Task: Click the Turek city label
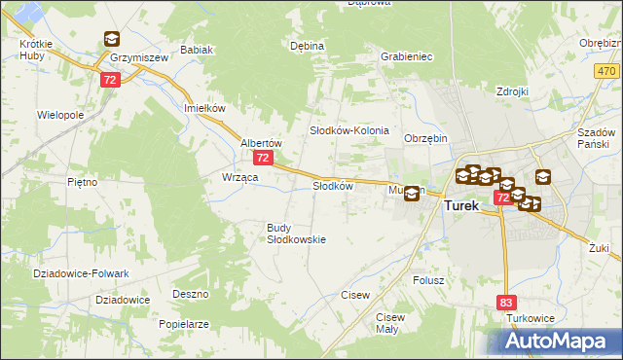pyautogui.click(x=461, y=206)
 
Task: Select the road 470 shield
pyautogui.click(x=607, y=72)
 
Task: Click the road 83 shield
pyautogui.click(x=506, y=304)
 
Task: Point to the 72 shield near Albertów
pyautogui.click(x=262, y=157)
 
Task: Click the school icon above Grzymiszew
pyautogui.click(x=111, y=40)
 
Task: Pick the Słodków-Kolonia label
pyautogui.click(x=349, y=130)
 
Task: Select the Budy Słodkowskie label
pyautogui.click(x=296, y=234)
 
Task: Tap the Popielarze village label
pyautogui.click(x=184, y=324)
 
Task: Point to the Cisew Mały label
pyautogui.click(x=389, y=323)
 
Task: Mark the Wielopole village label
pyautogui.click(x=60, y=115)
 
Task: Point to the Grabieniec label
pyautogui.click(x=407, y=56)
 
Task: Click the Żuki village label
pyautogui.click(x=598, y=248)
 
